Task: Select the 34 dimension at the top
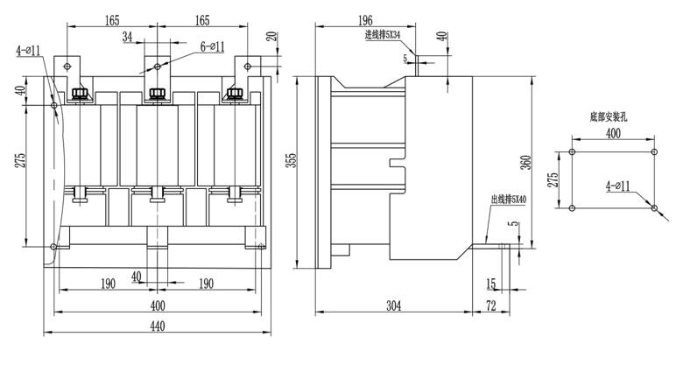(x=128, y=37)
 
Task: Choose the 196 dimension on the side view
(x=365, y=19)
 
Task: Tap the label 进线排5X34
(x=383, y=36)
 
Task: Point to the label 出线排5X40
(x=509, y=200)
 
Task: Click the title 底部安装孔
(x=610, y=116)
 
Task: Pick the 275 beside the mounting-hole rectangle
(x=553, y=179)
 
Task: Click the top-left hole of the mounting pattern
(x=571, y=151)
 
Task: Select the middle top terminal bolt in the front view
(x=158, y=94)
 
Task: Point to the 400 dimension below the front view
(x=158, y=305)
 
